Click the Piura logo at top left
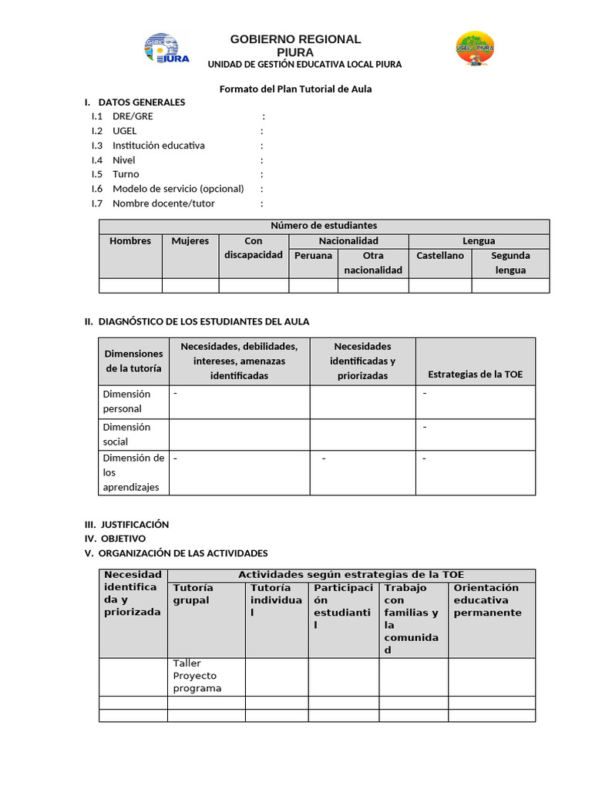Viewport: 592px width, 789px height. [161, 49]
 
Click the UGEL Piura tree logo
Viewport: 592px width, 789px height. [475, 49]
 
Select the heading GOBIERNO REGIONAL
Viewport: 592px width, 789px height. [295, 39]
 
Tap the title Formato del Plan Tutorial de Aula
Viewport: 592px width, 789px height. [295, 89]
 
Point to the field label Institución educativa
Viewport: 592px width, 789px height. [158, 146]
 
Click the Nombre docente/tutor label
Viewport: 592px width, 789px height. [163, 203]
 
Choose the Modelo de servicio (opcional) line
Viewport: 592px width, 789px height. [177, 189]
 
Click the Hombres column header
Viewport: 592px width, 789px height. [130, 241]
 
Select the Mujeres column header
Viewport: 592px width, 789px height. [190, 241]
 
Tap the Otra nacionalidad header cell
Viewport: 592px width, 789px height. [373, 263]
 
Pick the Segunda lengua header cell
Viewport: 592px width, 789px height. [510, 263]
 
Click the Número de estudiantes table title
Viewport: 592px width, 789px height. [324, 226]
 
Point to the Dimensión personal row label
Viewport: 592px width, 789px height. [126, 401]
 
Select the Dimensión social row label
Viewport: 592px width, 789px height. [126, 434]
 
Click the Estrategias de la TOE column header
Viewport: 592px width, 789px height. [475, 374]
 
